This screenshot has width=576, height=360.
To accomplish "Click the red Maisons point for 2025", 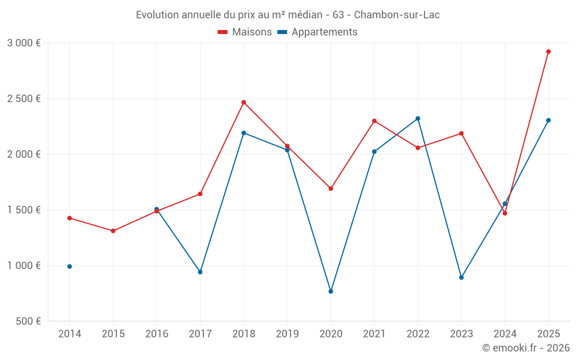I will [x=548, y=51].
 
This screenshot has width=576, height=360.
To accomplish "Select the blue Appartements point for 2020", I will [x=331, y=291].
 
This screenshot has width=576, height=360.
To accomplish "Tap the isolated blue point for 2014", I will [x=70, y=267].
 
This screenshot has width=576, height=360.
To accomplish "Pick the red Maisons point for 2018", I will [x=244, y=103].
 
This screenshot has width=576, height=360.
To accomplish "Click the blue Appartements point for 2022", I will [x=418, y=119].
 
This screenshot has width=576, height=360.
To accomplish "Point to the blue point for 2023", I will [x=461, y=278].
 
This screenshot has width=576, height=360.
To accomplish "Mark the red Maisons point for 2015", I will [x=113, y=231].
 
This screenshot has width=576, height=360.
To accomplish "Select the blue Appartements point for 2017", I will [x=200, y=272].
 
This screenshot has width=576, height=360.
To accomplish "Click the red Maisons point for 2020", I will [x=331, y=188].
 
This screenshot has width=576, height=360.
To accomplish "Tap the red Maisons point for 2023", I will [x=461, y=134].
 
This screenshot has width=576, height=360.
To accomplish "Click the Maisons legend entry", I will [x=245, y=32].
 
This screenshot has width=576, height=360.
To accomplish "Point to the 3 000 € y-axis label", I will [x=24, y=43].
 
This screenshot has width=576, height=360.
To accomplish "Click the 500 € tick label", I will [x=28, y=321].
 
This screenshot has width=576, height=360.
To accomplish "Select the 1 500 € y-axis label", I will [x=24, y=210].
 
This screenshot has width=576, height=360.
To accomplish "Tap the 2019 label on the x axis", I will [x=287, y=334].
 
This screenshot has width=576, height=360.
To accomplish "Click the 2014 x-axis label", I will [x=70, y=334].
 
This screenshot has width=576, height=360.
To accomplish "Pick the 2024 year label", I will [x=505, y=334].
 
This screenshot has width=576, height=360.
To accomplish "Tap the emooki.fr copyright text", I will [x=525, y=348].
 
